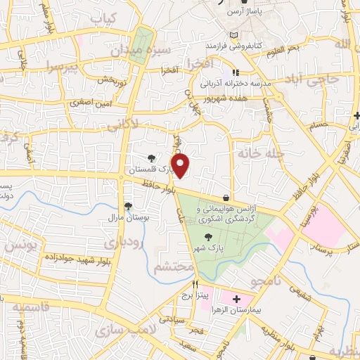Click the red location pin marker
click(181, 165)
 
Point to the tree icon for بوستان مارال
click(128, 206)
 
